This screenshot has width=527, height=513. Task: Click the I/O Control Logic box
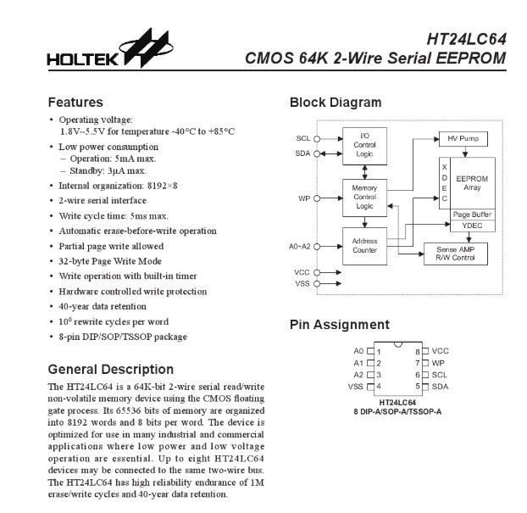[363, 145]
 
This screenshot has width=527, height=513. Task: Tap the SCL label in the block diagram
[302, 138]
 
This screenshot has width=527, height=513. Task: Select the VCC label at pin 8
[440, 350]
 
